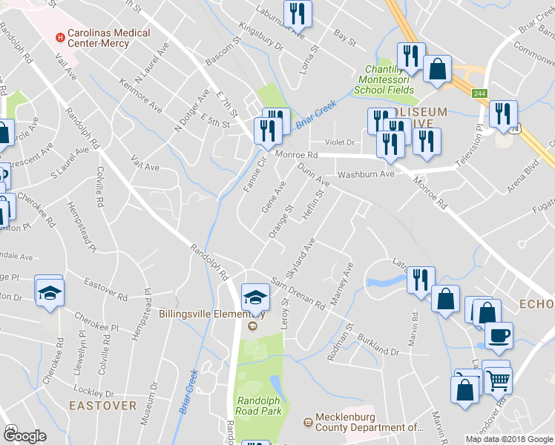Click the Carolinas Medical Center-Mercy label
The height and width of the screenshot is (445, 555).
point(108,38)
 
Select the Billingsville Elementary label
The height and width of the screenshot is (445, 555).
point(207,313)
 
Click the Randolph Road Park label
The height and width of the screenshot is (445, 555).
point(257,405)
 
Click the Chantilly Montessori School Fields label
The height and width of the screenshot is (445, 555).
point(386,80)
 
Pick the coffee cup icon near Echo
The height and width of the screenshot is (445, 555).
point(499,334)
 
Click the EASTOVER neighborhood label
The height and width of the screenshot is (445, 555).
point(102,406)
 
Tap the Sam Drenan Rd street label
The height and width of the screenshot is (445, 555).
point(298,294)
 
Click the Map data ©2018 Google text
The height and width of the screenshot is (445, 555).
point(509,439)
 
